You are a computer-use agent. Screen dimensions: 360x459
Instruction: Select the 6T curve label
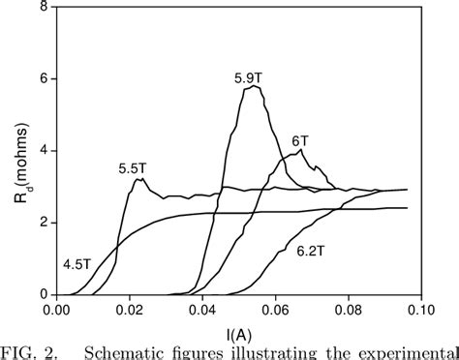tap(299, 139)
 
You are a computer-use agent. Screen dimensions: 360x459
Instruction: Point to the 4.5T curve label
tap(77, 262)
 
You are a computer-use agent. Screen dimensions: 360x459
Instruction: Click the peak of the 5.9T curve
tap(254, 86)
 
